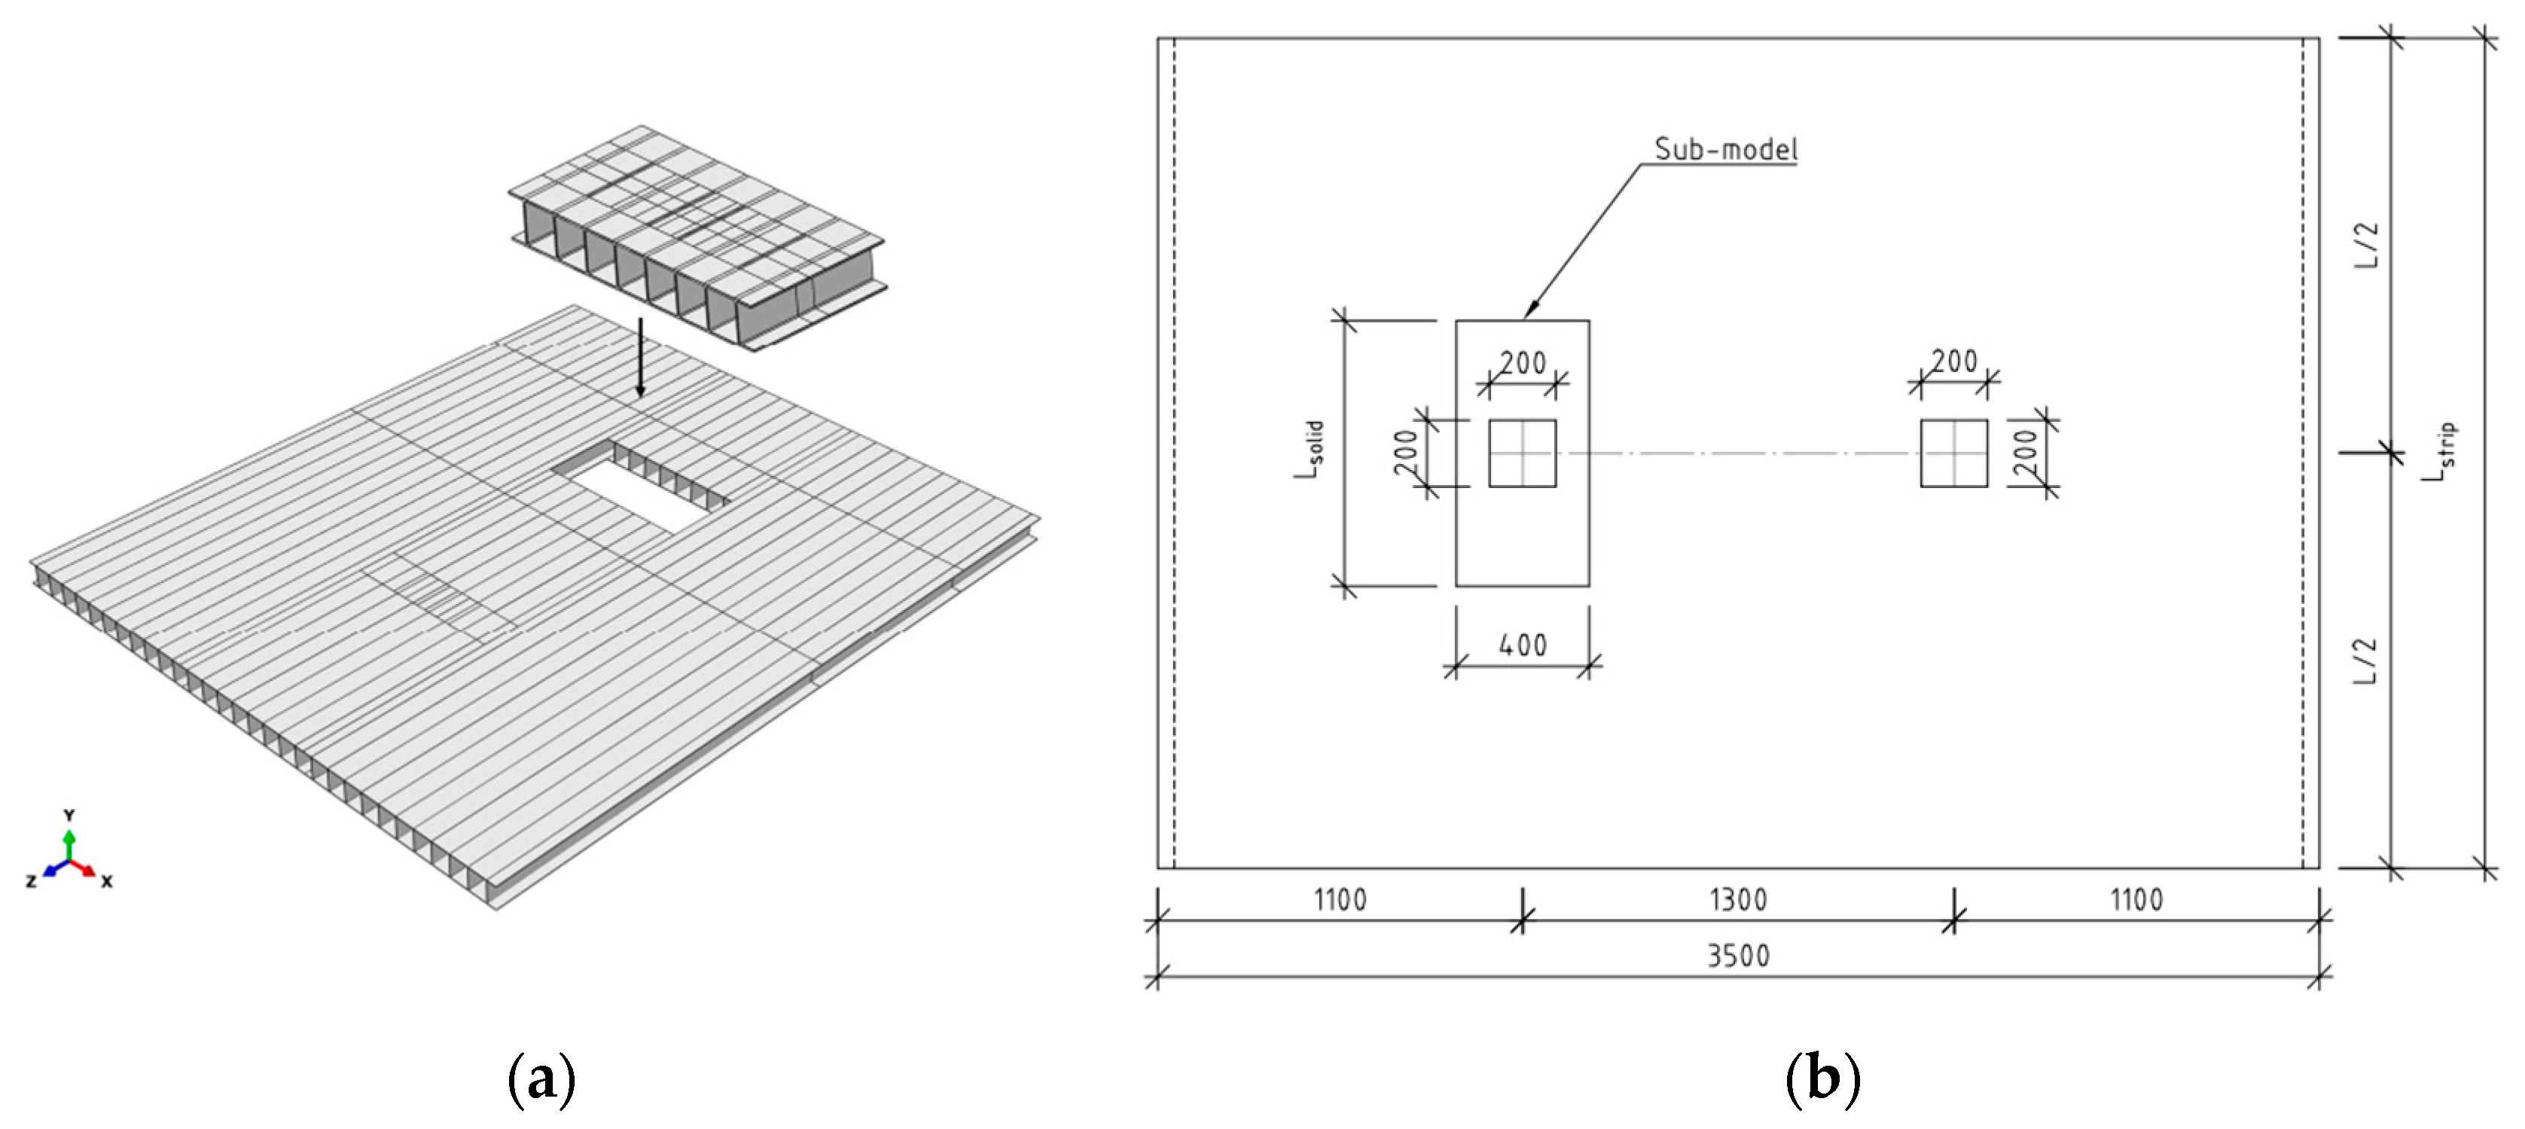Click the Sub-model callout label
click(1725, 149)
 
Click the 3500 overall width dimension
click(1738, 956)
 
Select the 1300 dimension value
click(1738, 900)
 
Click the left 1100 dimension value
click(1339, 900)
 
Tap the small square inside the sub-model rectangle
click(1522, 453)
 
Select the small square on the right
click(1953, 453)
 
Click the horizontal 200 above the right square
click(1953, 362)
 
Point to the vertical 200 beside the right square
click(2025, 453)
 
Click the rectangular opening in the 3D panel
click(642, 487)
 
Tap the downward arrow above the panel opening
click(640, 358)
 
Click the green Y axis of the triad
click(69, 843)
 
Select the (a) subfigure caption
click(541, 1080)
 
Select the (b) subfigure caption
click(1822, 1080)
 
